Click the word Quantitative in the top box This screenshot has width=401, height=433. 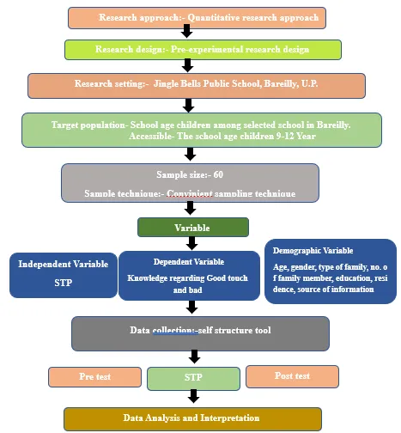(213, 17)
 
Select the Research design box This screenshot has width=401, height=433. (203, 50)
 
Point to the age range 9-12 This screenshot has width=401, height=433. (285, 136)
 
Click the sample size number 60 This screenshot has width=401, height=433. (218, 174)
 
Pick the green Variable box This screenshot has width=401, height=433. (193, 228)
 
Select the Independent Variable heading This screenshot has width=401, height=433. (64, 264)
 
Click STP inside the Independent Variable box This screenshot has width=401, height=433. (64, 283)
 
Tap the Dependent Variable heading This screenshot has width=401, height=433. (189, 262)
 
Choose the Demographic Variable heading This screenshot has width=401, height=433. (313, 251)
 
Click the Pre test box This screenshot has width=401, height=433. (94, 377)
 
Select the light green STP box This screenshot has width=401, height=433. (193, 379)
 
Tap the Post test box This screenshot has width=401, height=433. (292, 376)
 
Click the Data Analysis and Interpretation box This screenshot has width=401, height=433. (192, 419)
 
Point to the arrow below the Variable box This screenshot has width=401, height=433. (191, 243)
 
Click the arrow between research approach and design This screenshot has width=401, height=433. (186, 31)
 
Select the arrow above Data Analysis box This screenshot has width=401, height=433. (194, 396)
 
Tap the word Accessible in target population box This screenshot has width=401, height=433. (151, 136)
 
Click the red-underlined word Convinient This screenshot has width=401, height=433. (190, 193)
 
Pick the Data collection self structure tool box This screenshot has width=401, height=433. (200, 333)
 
